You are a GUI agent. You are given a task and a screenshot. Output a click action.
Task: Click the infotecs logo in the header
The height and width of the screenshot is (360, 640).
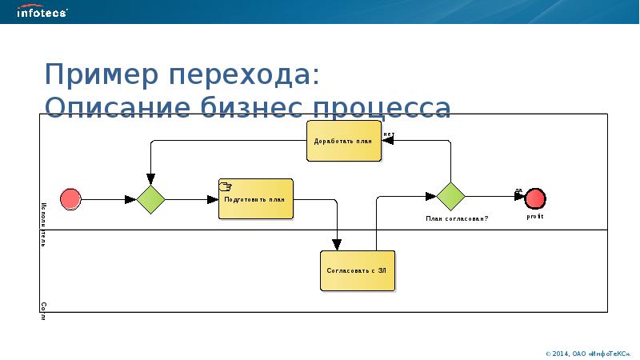[x=42, y=12]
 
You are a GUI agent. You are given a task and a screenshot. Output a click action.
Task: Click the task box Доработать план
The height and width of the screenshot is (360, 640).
[x=343, y=141]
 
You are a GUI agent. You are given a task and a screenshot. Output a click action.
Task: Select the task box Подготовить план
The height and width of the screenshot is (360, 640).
[x=255, y=199]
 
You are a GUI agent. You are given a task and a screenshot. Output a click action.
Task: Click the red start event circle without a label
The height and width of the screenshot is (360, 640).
[x=70, y=198]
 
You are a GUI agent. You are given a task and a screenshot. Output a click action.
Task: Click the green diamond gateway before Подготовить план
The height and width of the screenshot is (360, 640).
[x=150, y=198]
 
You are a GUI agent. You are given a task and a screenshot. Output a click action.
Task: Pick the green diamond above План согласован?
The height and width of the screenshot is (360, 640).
[x=450, y=195]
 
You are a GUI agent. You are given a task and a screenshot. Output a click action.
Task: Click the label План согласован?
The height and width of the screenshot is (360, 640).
[x=456, y=218]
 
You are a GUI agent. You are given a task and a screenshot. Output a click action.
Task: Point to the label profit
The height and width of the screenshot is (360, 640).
[x=535, y=216]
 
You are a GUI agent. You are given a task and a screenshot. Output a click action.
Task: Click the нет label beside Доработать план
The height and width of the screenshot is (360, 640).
[x=388, y=134]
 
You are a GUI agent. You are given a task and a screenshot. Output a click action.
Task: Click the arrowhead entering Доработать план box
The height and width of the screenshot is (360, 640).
[x=386, y=140]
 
